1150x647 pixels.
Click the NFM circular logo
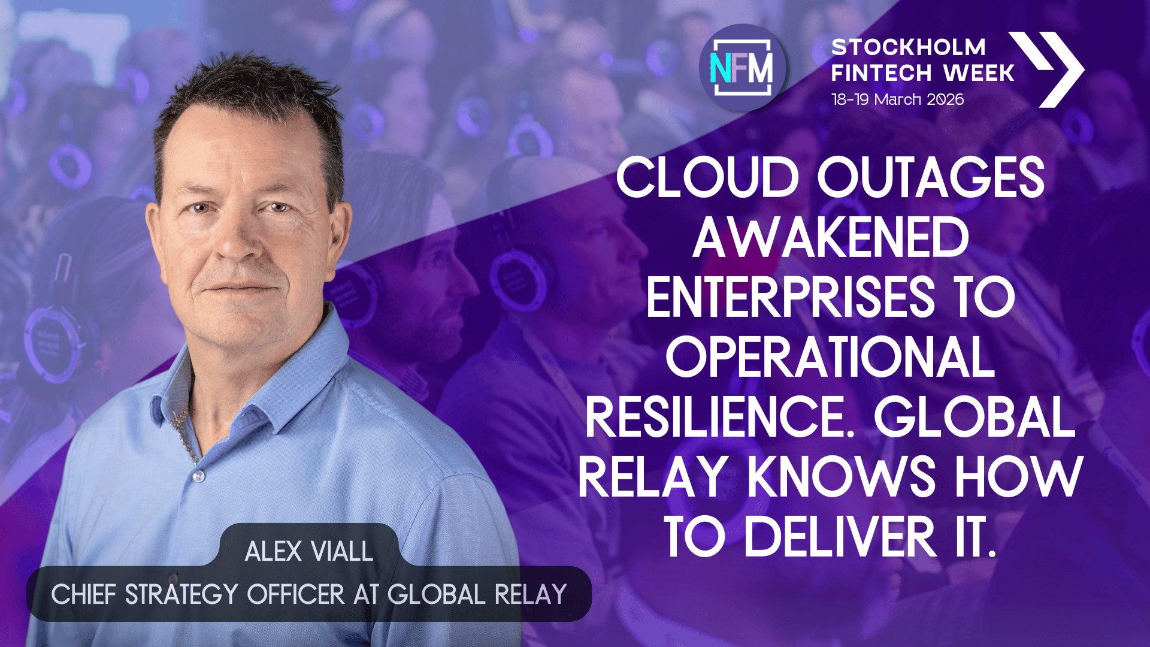tap(743, 68)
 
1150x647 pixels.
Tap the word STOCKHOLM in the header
tap(908, 47)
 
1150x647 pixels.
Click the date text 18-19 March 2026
tap(897, 99)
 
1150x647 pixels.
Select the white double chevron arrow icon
tap(1047, 69)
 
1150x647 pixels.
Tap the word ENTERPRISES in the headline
tap(789, 297)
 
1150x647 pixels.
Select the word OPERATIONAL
tap(831, 357)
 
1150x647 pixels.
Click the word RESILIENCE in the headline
tap(718, 417)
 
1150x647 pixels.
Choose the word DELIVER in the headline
tap(840, 537)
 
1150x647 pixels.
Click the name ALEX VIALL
tap(309, 551)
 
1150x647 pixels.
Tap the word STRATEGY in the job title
tap(181, 594)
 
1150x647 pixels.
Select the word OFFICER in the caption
tap(296, 594)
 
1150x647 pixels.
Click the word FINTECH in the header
tap(881, 73)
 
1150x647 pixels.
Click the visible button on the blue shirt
tap(199, 476)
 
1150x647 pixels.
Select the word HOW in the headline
tap(1019, 477)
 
